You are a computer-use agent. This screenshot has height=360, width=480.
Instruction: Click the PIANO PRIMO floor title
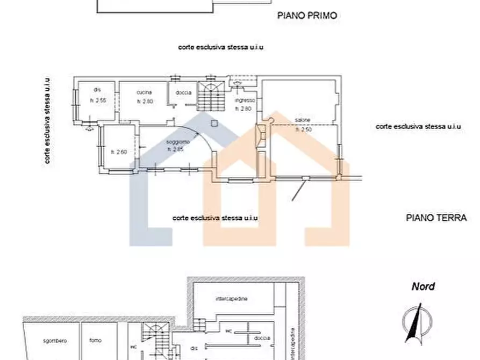307,16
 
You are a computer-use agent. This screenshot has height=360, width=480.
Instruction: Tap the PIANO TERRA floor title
436,218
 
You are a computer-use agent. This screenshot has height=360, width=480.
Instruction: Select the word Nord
422,286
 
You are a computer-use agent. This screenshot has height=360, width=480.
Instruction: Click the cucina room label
144,92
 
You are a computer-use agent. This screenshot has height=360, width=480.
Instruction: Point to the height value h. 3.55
97,100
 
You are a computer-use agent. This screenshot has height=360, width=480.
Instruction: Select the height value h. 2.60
118,152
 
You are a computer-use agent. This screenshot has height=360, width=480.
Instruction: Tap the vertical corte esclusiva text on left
48,120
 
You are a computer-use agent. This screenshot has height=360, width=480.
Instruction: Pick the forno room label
96,341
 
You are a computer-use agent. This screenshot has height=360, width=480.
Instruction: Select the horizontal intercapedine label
231,298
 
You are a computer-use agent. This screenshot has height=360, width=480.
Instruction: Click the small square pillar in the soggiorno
214,123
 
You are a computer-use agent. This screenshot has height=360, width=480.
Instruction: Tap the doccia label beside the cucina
183,92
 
